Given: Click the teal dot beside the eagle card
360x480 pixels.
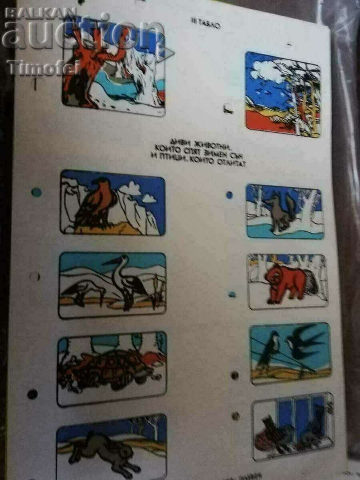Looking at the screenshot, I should coord(36,192).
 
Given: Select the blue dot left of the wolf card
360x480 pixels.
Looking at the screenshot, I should coord(229,195).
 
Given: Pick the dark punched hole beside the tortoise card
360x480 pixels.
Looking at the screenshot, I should coord(32,394).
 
